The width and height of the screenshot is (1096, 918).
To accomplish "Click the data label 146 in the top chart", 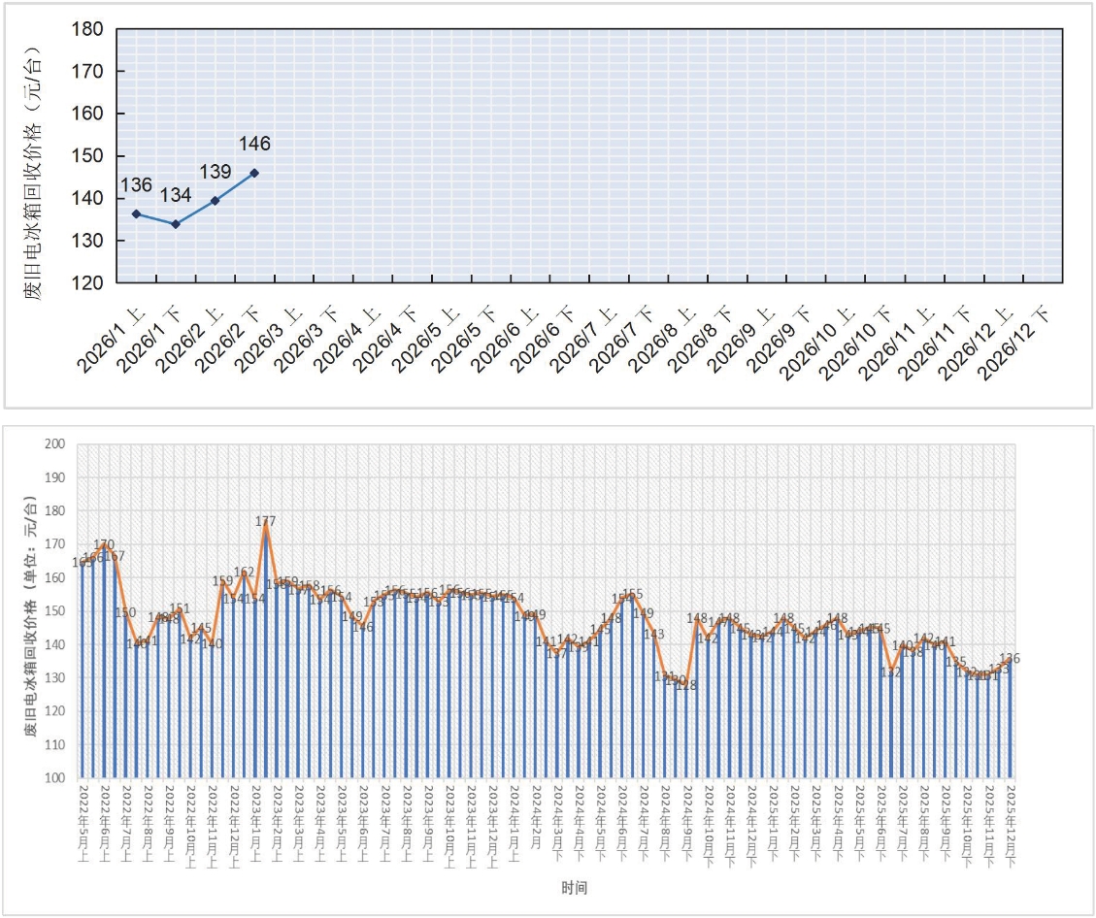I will click(254, 145).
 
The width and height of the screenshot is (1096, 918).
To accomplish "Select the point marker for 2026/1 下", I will click(176, 224).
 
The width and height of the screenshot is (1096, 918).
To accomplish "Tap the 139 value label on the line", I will click(215, 173).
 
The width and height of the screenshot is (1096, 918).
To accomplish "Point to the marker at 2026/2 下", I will click(254, 173).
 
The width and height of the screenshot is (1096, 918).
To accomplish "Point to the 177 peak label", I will click(265, 521).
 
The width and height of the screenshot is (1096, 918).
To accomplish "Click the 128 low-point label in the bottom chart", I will click(685, 685).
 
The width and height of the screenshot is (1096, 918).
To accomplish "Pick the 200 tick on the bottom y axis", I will click(55, 444).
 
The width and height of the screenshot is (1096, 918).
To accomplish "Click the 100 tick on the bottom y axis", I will click(55, 777).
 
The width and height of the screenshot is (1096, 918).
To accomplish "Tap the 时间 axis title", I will click(574, 887).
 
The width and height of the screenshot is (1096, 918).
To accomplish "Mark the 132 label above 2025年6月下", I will click(892, 672).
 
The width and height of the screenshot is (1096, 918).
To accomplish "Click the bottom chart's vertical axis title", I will click(32, 611).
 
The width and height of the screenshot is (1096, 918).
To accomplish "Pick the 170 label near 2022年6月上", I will click(104, 544).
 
